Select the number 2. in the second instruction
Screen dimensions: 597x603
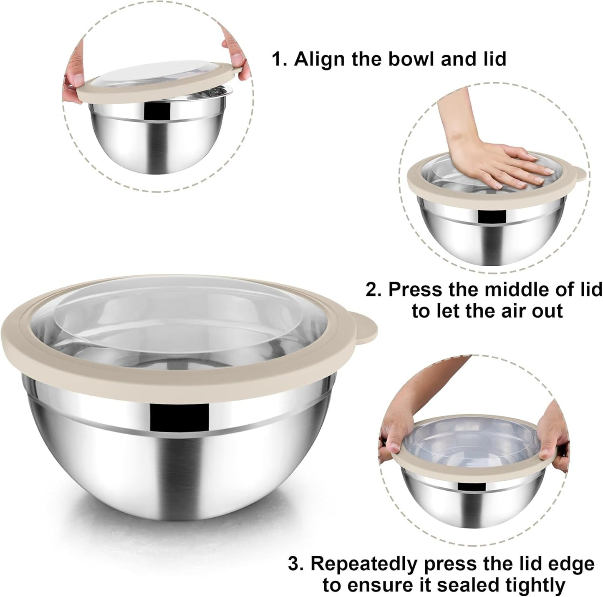point(374,290)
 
